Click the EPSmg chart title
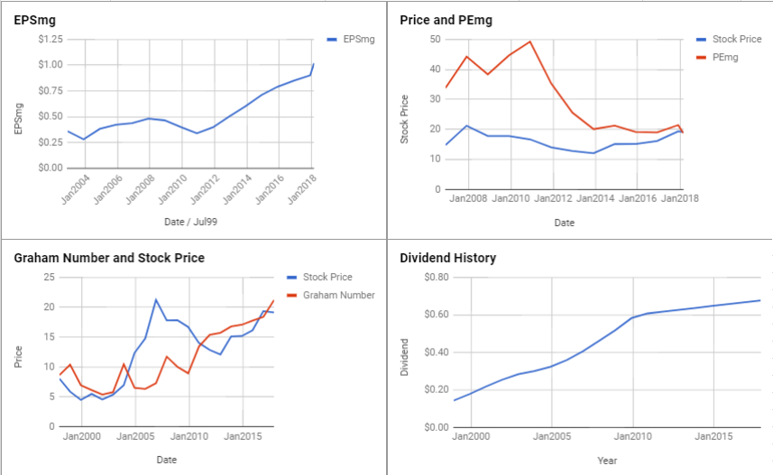point(34,20)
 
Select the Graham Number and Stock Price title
point(109,258)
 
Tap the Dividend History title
point(447,258)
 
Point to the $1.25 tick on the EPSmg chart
point(50,40)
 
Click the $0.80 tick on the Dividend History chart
point(437,278)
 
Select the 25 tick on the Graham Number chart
point(50,278)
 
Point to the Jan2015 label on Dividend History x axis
point(713,437)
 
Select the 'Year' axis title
point(607,460)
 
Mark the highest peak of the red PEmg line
point(529,41)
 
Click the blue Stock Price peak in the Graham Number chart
point(156,299)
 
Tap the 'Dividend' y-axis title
point(405,357)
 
